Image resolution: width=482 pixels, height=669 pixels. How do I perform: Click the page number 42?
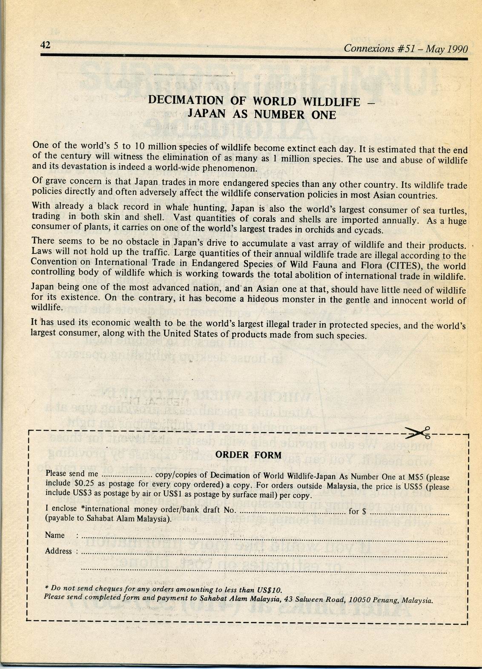tap(45, 45)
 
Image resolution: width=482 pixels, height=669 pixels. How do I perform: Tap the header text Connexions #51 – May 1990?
tap(405, 49)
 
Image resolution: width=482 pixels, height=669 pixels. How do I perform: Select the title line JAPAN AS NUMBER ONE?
tap(262, 115)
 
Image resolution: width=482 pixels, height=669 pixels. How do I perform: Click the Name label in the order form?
tap(55, 535)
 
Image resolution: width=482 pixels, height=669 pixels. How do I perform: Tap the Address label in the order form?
tap(58, 551)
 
